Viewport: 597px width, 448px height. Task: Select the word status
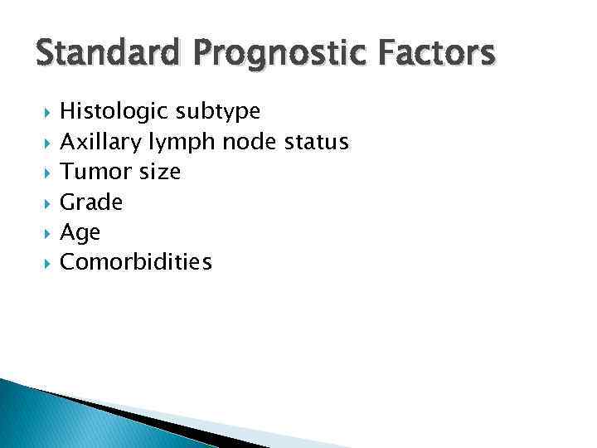pyautogui.click(x=316, y=141)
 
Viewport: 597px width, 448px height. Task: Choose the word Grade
pyautogui.click(x=91, y=202)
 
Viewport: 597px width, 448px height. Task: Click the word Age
pyautogui.click(x=80, y=233)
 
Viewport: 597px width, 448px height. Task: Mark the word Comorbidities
pyautogui.click(x=137, y=262)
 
